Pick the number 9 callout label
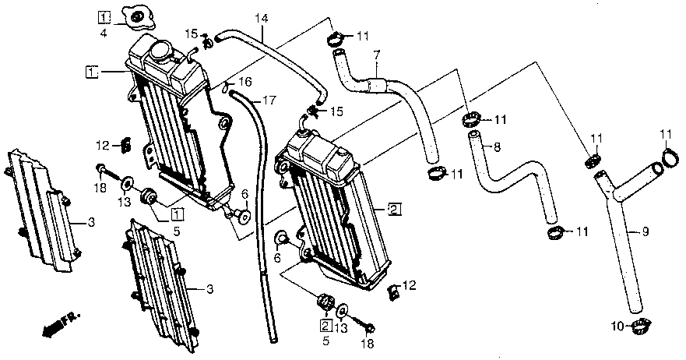click(x=645, y=231)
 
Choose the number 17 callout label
click(x=269, y=100)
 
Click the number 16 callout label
click(x=245, y=82)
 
